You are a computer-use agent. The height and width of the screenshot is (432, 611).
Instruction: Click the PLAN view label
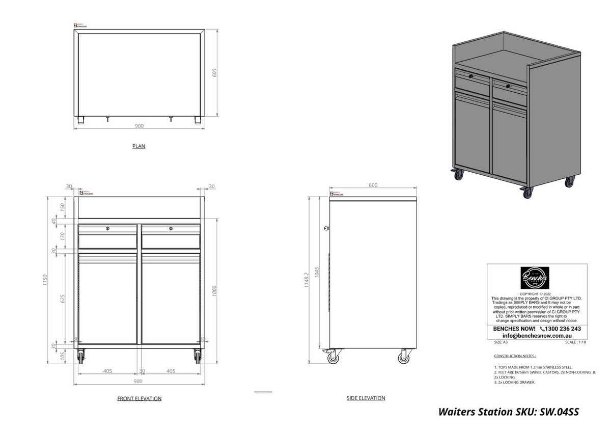138,146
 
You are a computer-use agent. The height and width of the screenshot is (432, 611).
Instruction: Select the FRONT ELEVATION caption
139,398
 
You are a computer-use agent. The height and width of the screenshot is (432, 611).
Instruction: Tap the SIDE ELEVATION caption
366,398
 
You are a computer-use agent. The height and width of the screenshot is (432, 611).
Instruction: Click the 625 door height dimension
62,299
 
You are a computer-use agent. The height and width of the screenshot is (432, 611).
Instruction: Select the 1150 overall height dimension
45,280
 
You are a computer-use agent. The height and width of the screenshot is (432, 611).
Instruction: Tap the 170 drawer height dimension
62,236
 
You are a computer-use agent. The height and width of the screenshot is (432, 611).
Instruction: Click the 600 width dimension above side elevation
373,185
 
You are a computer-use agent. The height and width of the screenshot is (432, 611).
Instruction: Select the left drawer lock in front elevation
107,228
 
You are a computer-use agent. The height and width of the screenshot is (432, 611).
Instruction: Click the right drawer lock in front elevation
171,228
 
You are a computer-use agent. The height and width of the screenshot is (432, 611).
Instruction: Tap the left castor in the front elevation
80,357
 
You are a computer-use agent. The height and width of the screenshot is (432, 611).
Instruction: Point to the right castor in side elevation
404,358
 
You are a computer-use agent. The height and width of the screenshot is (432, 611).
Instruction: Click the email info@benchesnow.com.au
537,336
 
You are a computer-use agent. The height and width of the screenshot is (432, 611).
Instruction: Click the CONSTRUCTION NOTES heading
515,356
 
